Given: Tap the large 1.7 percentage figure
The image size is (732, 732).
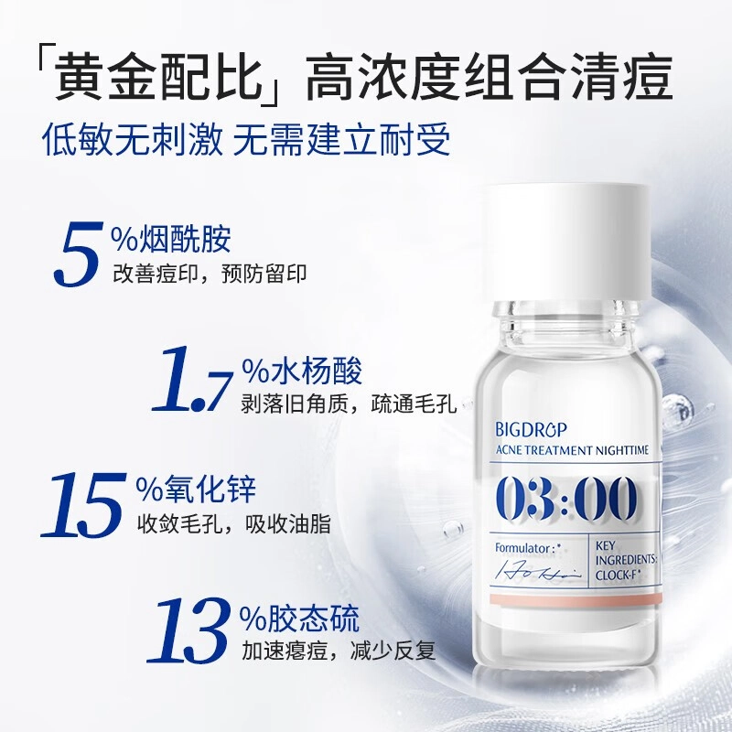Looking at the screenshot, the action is (x=192, y=379).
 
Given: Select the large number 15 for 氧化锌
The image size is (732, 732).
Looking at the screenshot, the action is (x=84, y=504).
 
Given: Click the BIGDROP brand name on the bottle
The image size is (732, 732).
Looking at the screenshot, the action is (x=531, y=429).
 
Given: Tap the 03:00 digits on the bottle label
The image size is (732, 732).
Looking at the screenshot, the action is (x=565, y=499).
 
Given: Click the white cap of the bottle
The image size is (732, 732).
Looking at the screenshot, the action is (x=566, y=242).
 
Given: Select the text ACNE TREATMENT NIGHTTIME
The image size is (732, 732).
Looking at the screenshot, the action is (x=572, y=450).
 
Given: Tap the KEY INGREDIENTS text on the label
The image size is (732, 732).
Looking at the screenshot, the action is (x=626, y=553).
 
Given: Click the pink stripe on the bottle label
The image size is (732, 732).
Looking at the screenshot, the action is (x=576, y=599).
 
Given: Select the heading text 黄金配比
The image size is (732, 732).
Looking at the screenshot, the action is (x=158, y=77).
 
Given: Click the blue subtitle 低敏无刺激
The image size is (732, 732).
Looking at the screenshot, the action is (x=133, y=139).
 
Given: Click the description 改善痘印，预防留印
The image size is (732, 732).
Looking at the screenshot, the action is (x=210, y=274).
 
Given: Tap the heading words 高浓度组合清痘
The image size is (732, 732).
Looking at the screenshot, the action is (x=489, y=77).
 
